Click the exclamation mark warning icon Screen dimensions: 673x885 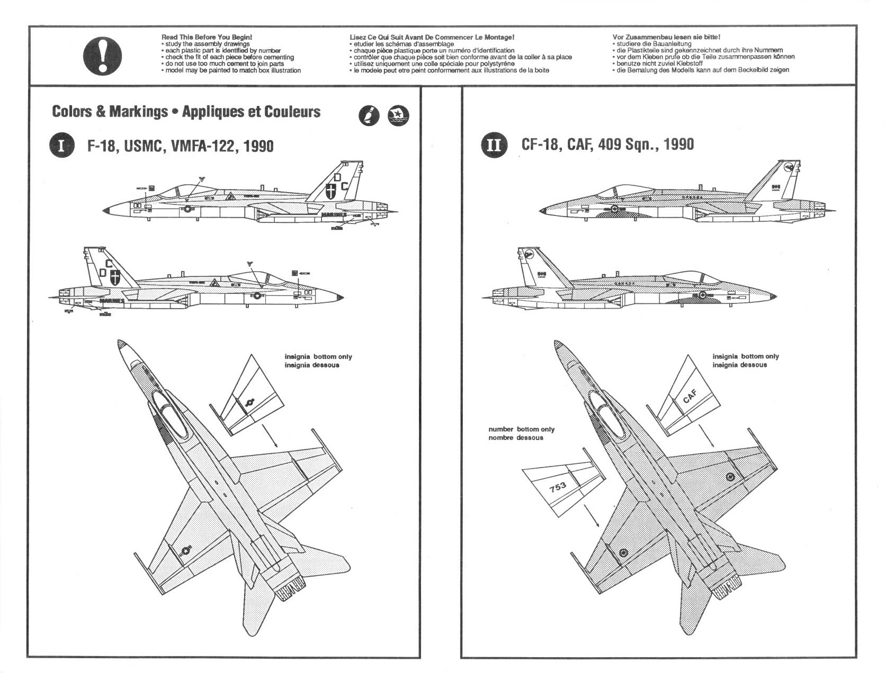tap(102, 56)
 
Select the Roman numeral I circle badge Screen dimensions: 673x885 tap(61, 146)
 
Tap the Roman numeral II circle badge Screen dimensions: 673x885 tap(494, 145)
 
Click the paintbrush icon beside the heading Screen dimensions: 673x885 tap(369, 115)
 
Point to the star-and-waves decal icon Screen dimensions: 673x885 tap(398, 115)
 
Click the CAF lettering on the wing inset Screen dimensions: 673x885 tap(690, 396)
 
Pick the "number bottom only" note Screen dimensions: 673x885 tap(521, 429)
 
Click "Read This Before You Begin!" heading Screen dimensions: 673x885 tap(207, 37)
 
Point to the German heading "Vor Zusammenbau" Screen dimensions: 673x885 tap(665, 37)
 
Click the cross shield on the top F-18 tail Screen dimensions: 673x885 tap(331, 192)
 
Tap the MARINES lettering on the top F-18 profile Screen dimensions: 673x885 tap(333, 215)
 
